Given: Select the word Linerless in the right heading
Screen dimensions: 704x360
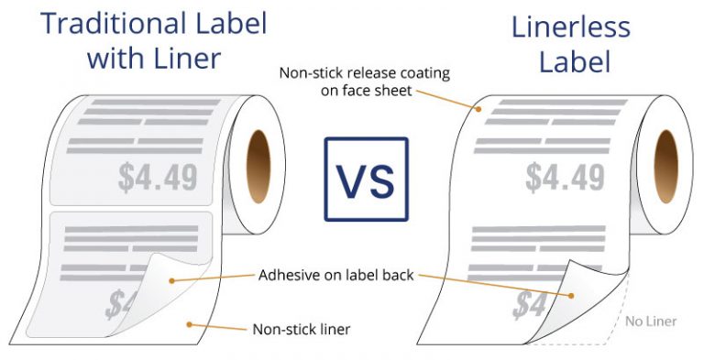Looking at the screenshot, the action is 571,27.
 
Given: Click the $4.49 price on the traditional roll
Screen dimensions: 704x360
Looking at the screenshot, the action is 159,176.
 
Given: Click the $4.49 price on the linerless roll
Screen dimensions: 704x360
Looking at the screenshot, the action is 565,176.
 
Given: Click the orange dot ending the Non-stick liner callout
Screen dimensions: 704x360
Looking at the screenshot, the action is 190,323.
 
